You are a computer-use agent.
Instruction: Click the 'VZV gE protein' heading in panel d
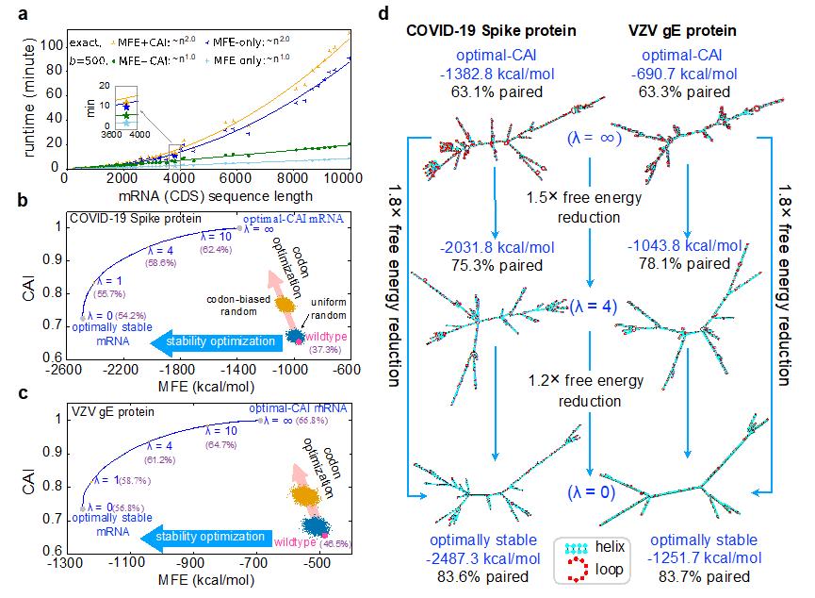click(x=685, y=30)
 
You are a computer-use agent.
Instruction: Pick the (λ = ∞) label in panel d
click(x=589, y=138)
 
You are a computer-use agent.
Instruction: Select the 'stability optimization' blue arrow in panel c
click(x=207, y=537)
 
